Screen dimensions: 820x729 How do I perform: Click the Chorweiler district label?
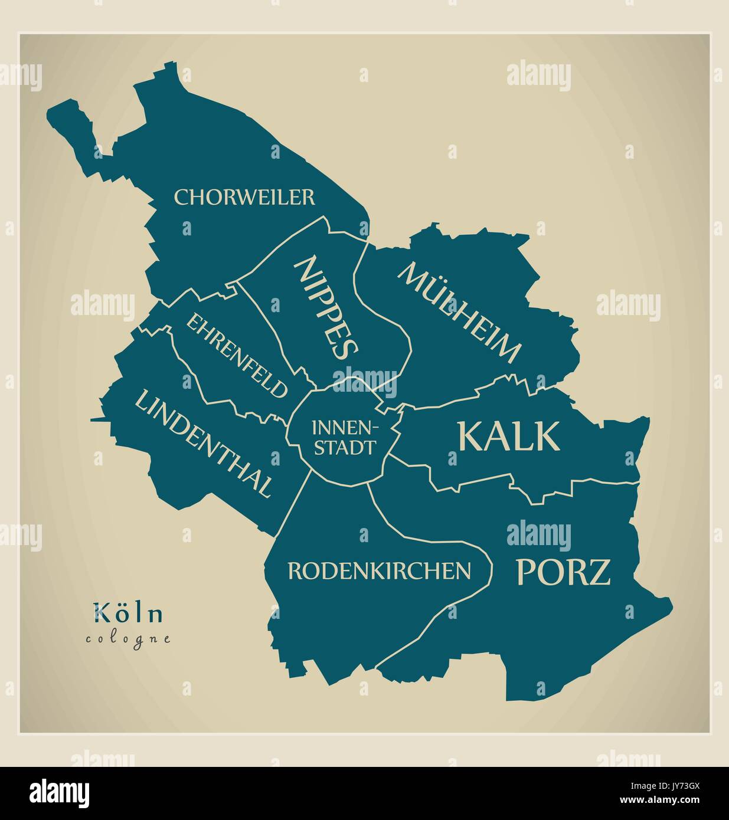(x=244, y=197)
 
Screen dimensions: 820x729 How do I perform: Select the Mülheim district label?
(x=460, y=313)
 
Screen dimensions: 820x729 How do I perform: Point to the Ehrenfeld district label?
(x=238, y=355)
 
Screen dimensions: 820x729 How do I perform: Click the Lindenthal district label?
(x=204, y=443)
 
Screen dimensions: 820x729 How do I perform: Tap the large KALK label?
(x=508, y=436)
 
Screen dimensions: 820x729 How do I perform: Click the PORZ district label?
(x=563, y=572)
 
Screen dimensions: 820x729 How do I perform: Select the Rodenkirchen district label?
(x=379, y=570)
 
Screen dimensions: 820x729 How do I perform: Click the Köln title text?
(x=128, y=614)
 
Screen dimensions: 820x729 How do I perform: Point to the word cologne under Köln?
(x=128, y=638)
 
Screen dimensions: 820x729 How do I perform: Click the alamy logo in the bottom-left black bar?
(x=60, y=793)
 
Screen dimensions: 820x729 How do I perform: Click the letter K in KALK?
(x=472, y=436)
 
